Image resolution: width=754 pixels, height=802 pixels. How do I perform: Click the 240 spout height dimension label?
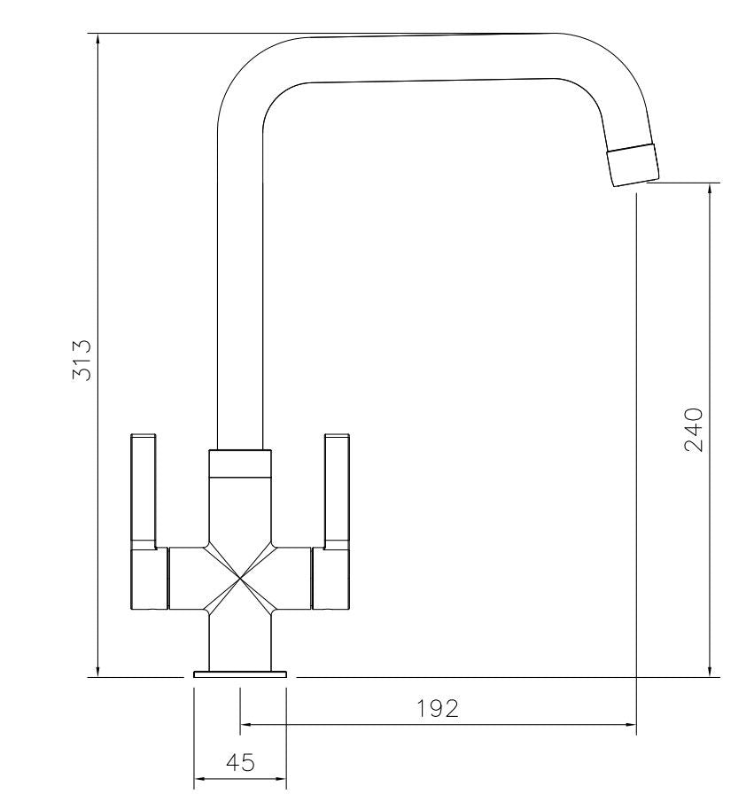pos(694,430)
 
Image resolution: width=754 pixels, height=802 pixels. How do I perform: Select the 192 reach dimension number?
pos(438,708)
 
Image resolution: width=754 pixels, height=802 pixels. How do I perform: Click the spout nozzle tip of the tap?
pos(634,163)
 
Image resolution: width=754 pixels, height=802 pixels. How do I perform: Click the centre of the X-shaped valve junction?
pos(240,579)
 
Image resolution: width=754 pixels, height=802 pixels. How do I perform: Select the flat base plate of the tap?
pos(240,675)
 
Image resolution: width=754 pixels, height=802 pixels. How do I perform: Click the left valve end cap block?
pos(149,579)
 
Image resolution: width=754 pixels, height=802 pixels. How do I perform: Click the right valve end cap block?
pos(332,579)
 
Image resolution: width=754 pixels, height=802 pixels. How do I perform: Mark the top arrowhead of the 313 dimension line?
pos(98,41)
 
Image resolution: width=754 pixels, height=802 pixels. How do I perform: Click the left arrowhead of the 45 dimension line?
pos(200,780)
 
